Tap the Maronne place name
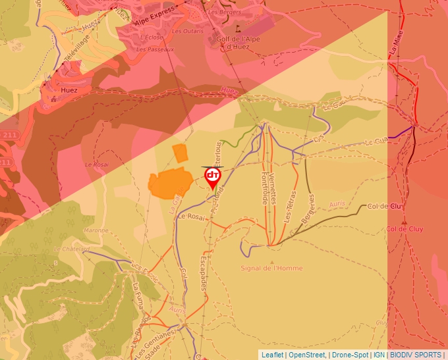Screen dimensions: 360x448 click(x=96, y=230)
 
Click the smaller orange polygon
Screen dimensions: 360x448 click(x=180, y=153)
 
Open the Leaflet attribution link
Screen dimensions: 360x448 click(x=272, y=355)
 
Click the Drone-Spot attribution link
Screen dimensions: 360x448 click(x=350, y=355)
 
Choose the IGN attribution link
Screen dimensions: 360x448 click(x=379, y=355)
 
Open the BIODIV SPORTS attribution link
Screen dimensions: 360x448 click(x=415, y=355)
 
